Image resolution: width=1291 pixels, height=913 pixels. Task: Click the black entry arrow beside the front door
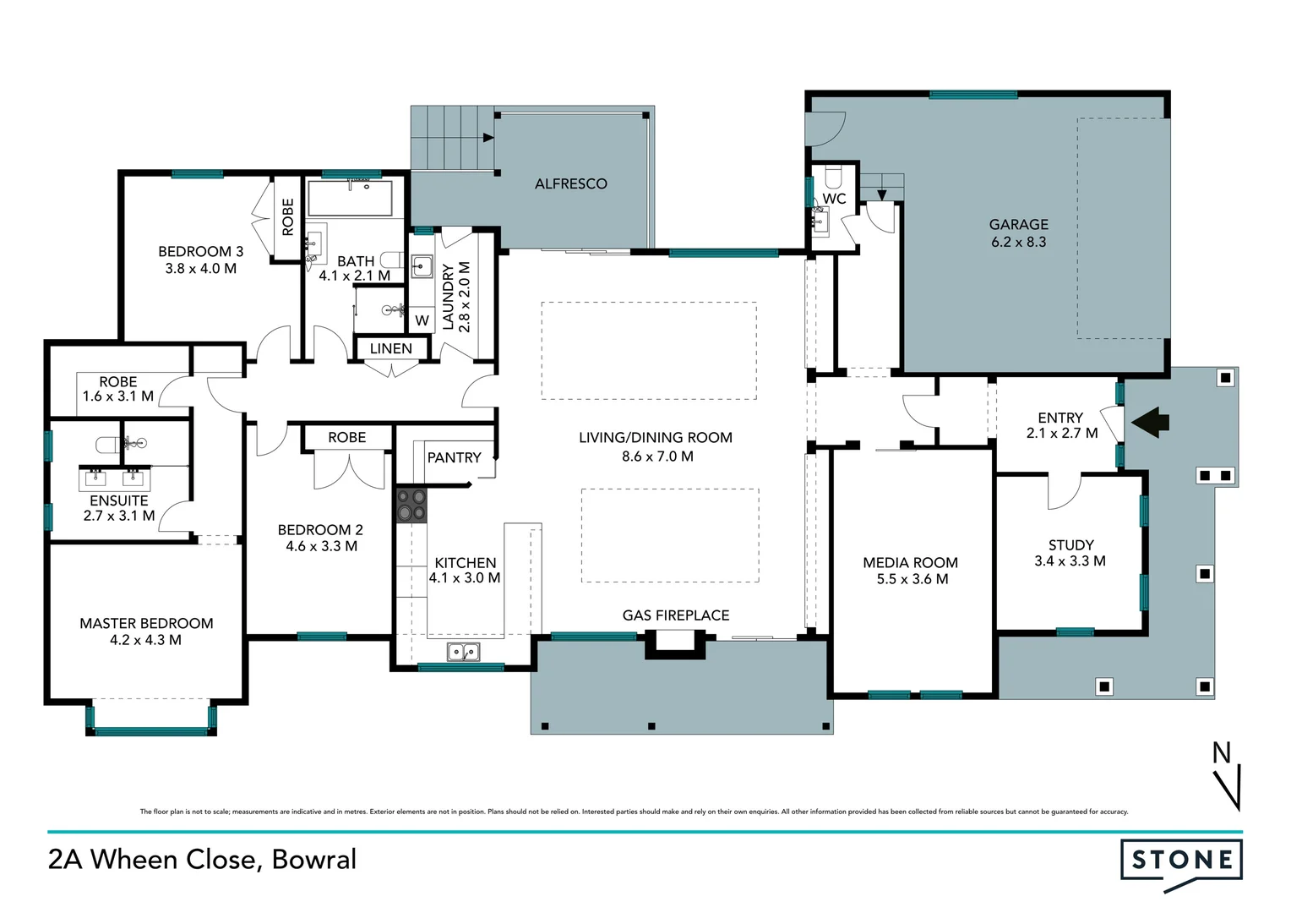point(1151,422)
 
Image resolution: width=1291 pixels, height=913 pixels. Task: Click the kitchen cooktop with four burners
point(411,506)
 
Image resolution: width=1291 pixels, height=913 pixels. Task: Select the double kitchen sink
point(463,653)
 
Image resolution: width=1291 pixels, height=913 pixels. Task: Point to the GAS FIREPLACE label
point(675,615)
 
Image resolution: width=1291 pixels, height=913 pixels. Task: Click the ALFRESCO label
point(570,184)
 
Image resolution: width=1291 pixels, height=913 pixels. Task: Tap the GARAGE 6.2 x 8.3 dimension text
point(1018,242)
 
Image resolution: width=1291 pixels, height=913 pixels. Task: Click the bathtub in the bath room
point(350,199)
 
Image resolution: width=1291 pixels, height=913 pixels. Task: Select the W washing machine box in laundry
point(422,320)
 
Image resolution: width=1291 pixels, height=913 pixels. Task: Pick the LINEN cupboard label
point(390,348)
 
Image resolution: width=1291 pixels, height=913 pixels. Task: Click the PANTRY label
point(455,457)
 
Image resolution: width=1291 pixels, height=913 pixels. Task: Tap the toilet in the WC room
point(834,175)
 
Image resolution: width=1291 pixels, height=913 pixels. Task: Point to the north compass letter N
point(1222,752)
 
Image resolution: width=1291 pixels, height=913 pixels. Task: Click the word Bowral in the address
point(314,860)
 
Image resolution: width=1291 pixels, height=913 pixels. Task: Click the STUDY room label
point(1070,545)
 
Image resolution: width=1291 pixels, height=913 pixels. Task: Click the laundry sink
point(422,266)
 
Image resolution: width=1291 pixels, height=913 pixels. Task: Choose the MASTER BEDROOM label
point(146,624)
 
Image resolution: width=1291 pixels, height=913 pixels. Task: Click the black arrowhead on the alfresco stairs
point(488,138)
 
